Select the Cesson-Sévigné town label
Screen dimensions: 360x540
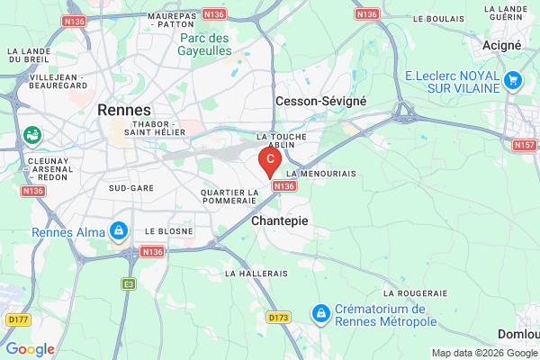(321, 102)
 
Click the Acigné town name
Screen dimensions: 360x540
(501, 45)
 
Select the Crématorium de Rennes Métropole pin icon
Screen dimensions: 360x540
(319, 313)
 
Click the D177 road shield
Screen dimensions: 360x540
(17, 319)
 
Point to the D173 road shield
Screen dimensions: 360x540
(278, 317)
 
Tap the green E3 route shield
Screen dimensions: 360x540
(129, 283)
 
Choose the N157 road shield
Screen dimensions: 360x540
(524, 145)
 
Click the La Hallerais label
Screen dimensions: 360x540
(256, 273)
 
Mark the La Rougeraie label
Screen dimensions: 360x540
(416, 293)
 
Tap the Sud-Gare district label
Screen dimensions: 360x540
(130, 188)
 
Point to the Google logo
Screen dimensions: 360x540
(30, 349)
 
